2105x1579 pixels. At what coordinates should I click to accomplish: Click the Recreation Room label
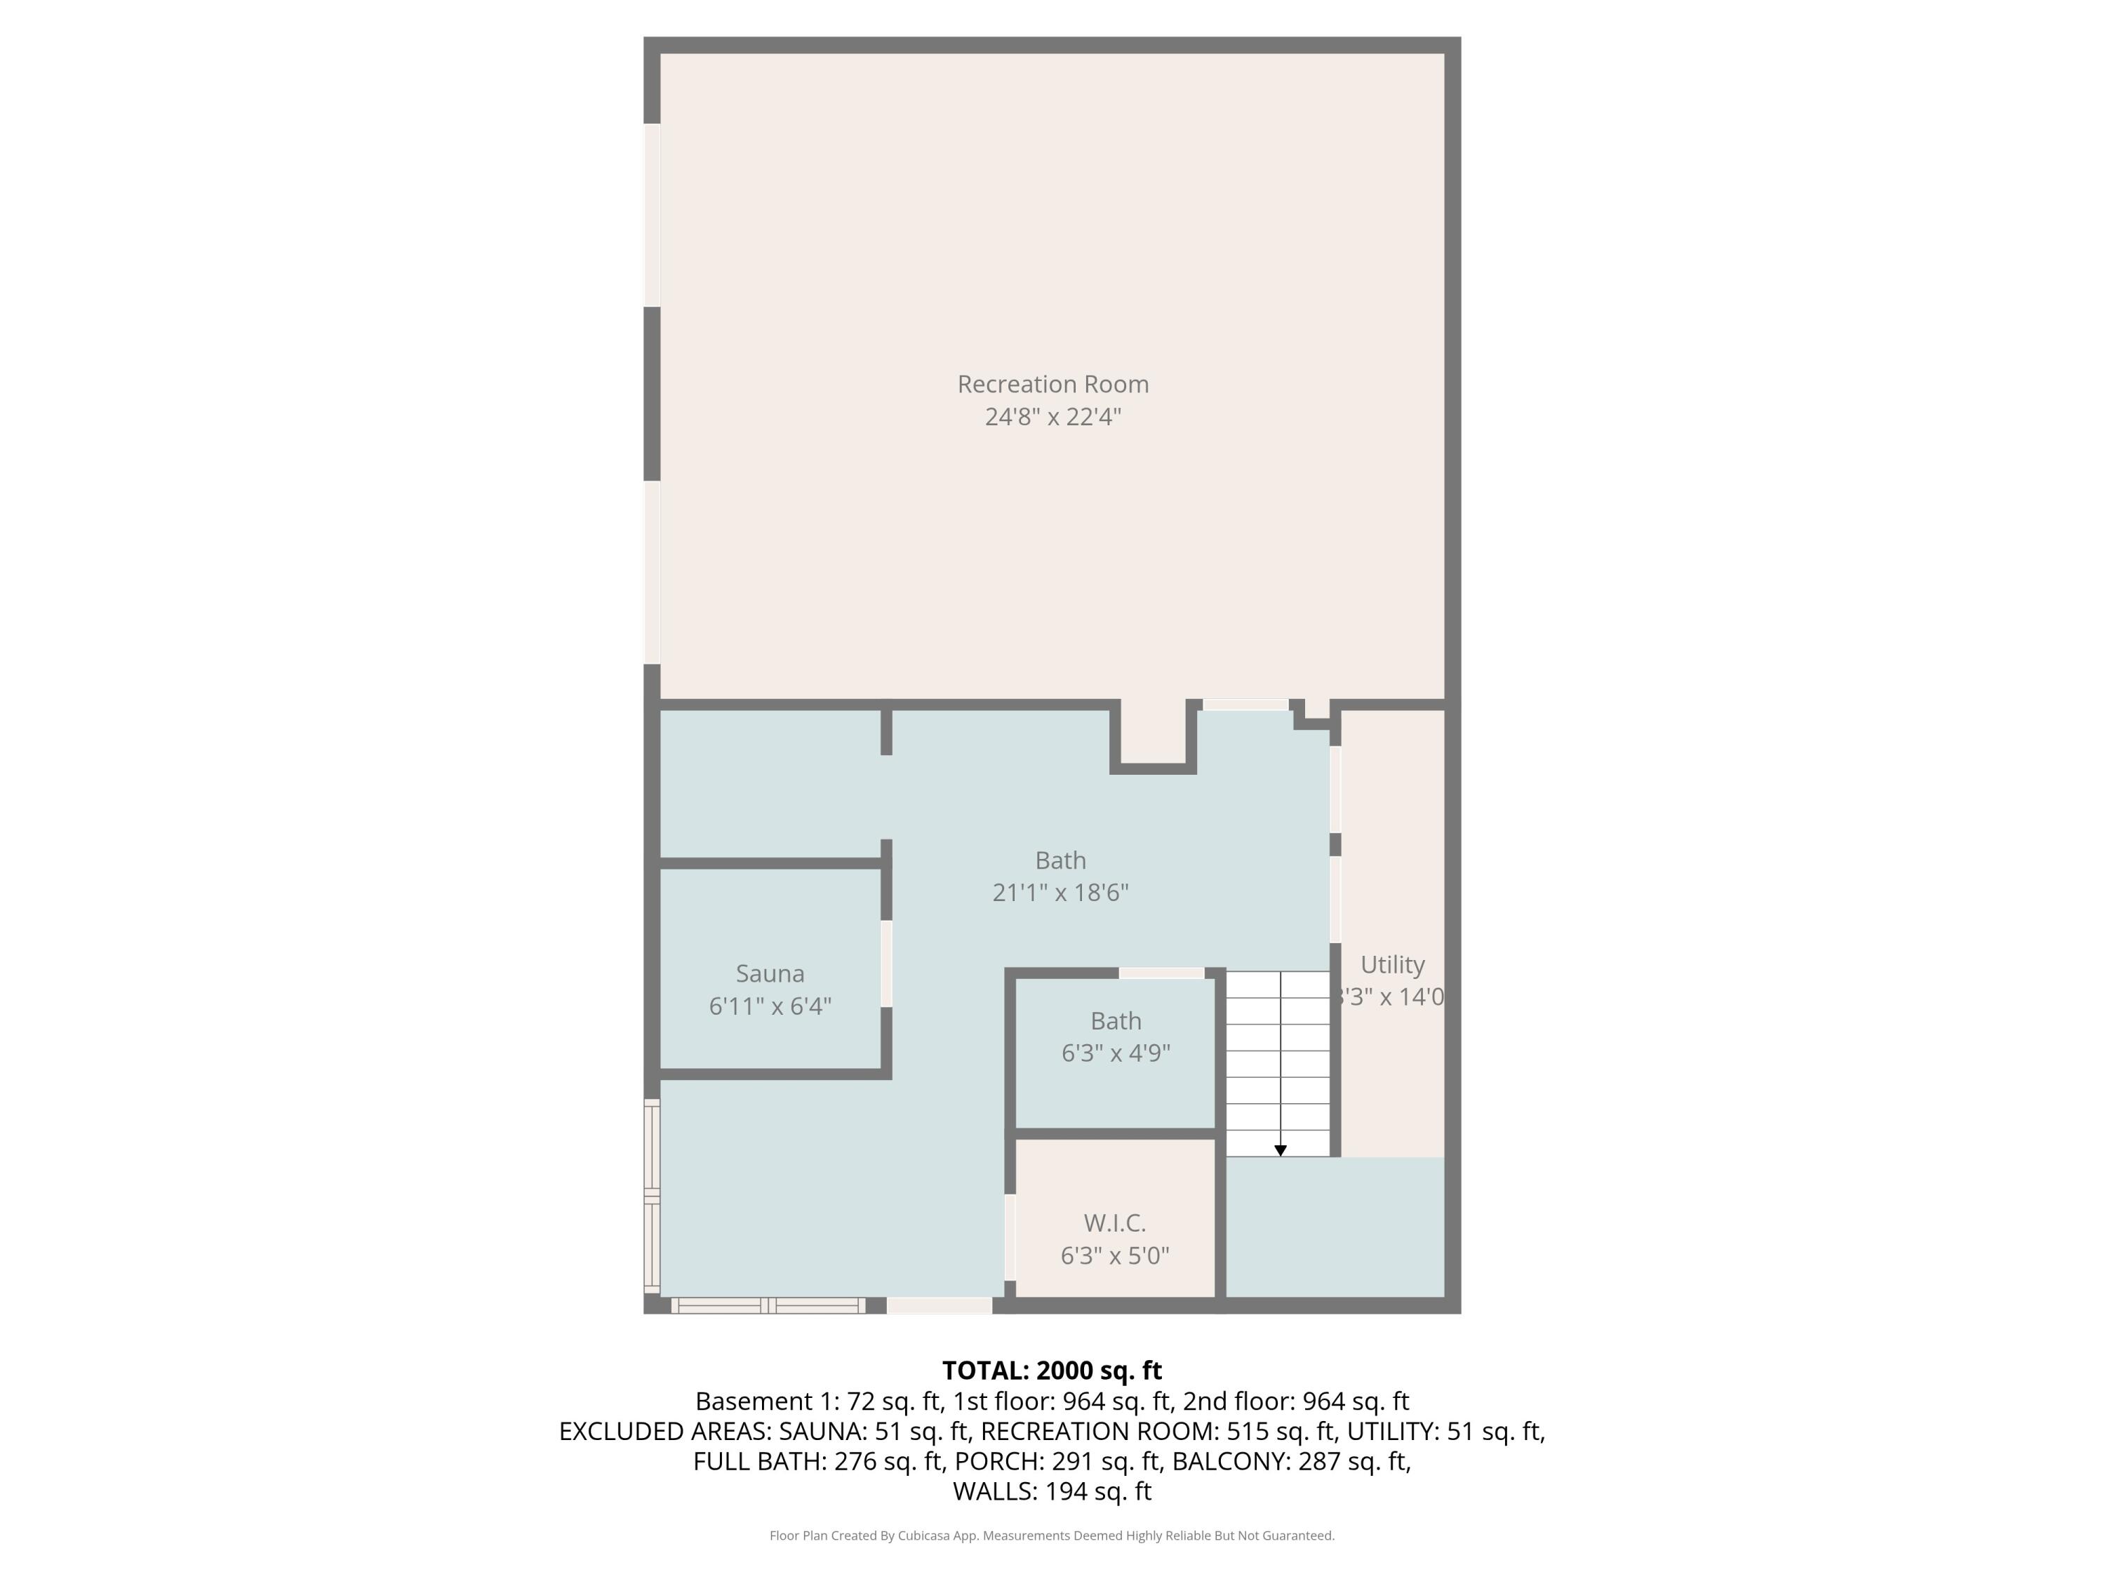(1052, 384)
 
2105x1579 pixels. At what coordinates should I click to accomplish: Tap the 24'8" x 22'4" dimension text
(1052, 417)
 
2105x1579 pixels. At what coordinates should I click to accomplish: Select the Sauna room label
(770, 973)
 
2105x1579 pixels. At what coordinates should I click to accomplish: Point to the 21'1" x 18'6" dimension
(1060, 892)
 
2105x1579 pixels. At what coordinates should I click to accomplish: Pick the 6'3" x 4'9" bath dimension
(1116, 1053)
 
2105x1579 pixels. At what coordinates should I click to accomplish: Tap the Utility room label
(1392, 964)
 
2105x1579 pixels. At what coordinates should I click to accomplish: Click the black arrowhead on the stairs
(1280, 1151)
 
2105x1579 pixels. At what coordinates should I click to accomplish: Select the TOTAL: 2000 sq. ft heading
(1052, 1370)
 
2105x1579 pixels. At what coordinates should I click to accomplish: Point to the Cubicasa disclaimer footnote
(1052, 1535)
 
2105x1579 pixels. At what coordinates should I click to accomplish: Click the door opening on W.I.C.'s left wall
(1010, 1237)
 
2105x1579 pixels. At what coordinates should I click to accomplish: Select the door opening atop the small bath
(1161, 973)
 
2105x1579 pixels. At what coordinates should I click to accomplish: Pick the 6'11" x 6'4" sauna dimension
(770, 1006)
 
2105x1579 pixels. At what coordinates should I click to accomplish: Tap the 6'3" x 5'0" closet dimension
(1114, 1255)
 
